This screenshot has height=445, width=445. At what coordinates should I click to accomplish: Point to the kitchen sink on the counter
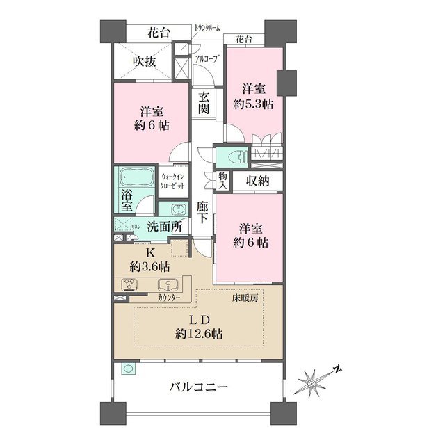point(168,284)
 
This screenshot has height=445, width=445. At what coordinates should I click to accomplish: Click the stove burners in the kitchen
point(130,284)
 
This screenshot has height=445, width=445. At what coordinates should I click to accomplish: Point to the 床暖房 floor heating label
point(245,298)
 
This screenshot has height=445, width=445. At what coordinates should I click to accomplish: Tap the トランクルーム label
point(207,28)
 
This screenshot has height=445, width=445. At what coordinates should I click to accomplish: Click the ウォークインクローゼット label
point(172,183)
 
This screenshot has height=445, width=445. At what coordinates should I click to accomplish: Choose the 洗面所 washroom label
point(164,226)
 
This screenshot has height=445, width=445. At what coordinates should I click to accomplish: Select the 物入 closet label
point(222,181)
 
